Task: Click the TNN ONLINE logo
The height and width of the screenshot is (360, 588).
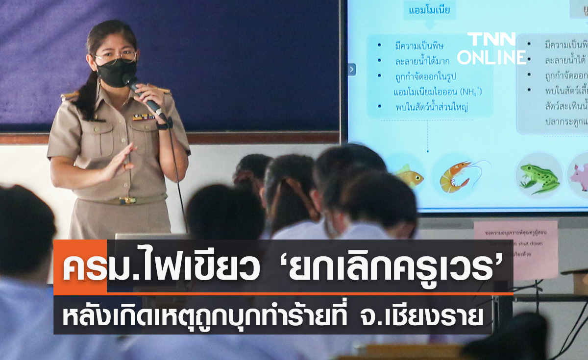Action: point(491,48)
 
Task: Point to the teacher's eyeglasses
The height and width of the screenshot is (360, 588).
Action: point(116,57)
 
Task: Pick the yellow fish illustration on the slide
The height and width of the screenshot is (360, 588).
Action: point(410,176)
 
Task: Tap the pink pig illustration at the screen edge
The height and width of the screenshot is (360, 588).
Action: point(579,176)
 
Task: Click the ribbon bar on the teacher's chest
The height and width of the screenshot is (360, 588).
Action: point(144,117)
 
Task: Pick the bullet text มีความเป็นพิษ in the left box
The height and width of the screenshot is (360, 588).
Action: point(419,46)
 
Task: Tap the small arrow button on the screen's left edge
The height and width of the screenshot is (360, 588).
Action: point(352,70)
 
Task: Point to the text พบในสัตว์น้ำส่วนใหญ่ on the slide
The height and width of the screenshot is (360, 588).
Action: point(432,107)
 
